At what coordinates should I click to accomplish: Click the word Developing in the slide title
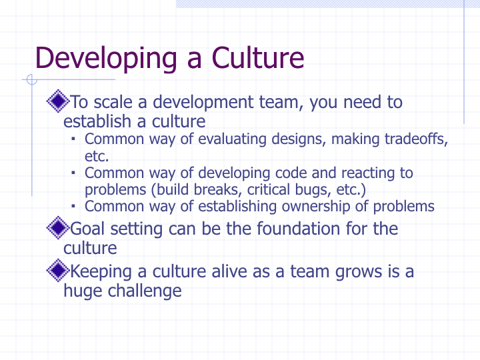click(106, 58)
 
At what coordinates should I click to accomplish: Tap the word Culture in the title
click(258, 57)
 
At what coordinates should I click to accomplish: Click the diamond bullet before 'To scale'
click(58, 101)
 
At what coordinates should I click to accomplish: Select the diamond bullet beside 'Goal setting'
click(58, 227)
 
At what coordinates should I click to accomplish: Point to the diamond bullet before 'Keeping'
click(58, 270)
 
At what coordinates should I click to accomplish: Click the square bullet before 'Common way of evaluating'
click(73, 139)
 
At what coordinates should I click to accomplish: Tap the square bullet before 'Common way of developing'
click(73, 173)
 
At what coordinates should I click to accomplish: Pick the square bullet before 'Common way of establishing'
click(73, 206)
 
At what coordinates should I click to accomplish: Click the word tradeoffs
click(416, 139)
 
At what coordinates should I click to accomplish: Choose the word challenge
click(145, 291)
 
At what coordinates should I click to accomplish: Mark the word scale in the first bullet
click(113, 102)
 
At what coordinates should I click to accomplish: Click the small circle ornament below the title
click(32, 79)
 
